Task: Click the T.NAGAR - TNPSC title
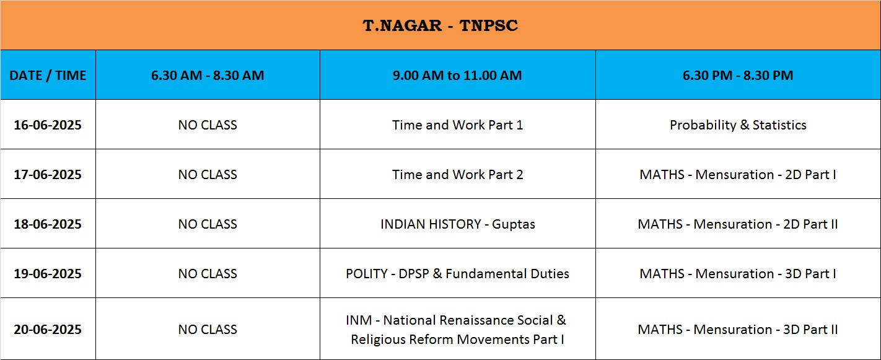coord(440,25)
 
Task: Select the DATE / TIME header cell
coord(48,75)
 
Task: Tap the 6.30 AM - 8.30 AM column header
coord(208,75)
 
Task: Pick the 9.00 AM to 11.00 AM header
coord(457,75)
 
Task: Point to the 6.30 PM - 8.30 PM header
coord(738,75)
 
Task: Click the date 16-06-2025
coord(48,125)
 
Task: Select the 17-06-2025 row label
coord(48,174)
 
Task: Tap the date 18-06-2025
coord(48,224)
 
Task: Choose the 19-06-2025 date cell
coord(48,273)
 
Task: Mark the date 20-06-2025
coord(48,329)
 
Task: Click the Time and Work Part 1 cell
coord(457,125)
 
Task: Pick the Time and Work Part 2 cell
coord(457,174)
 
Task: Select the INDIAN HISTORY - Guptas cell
coord(457,224)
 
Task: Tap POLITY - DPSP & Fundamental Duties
coord(457,273)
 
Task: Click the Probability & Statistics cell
coord(738,125)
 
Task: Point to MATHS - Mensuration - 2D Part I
coord(738,174)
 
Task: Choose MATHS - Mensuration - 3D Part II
coord(738,329)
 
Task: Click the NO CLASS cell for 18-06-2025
coord(208,224)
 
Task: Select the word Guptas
coord(513,224)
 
